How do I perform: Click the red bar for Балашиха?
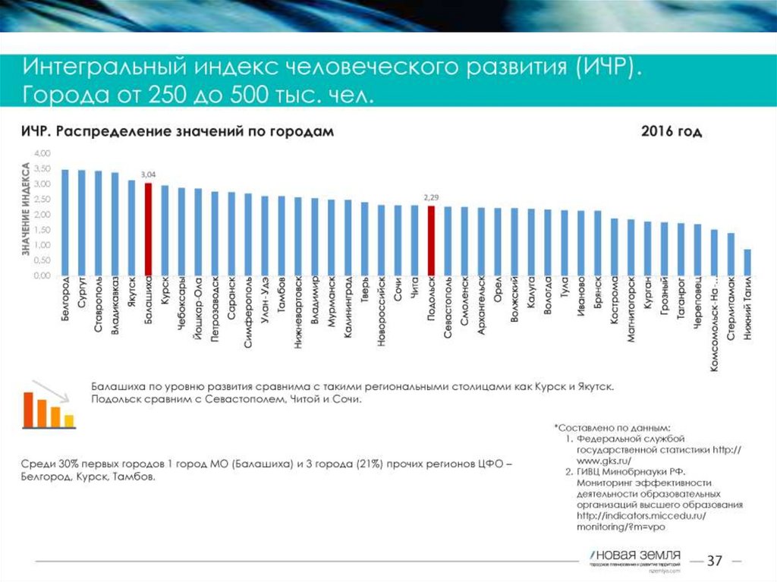tap(148, 229)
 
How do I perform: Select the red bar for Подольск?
tap(431, 241)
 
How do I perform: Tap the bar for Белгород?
tap(65, 222)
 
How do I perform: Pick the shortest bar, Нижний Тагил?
tap(747, 263)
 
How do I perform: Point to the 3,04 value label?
tap(148, 176)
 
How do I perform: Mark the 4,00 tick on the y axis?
tap(42, 154)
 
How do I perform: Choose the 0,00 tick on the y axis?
tap(42, 276)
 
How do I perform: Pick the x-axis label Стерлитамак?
tap(731, 313)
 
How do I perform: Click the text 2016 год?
tap(672, 131)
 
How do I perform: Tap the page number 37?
tap(714, 562)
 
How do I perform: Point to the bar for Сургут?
tap(82, 223)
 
